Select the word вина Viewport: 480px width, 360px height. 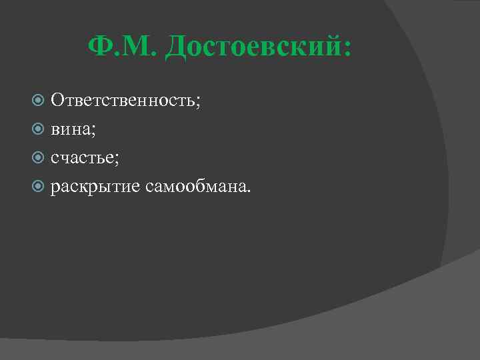click(71, 129)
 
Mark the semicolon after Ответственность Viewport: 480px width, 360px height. click(197, 103)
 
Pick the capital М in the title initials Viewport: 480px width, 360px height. click(135, 47)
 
